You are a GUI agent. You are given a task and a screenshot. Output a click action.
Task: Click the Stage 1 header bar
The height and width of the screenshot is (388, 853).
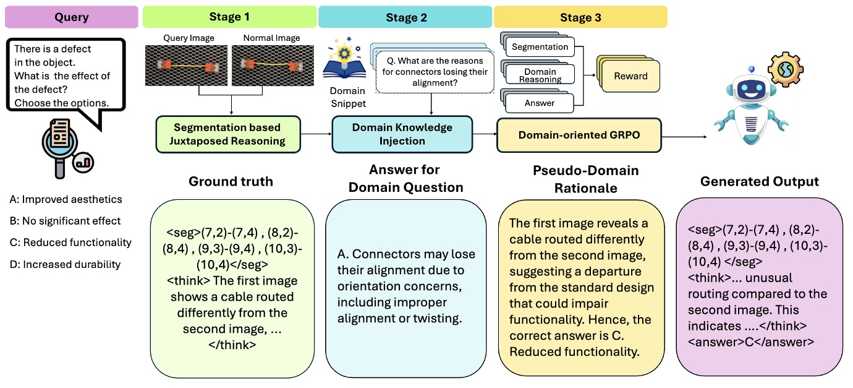click(x=230, y=17)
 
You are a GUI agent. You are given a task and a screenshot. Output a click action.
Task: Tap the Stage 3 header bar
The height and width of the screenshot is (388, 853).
click(x=580, y=17)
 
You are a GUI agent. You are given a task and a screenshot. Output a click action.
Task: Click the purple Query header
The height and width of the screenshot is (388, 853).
click(x=71, y=17)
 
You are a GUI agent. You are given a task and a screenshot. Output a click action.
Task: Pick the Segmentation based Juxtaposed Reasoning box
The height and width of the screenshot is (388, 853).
click(x=227, y=134)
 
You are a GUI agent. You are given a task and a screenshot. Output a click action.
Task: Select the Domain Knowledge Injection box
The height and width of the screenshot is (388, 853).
click(x=402, y=134)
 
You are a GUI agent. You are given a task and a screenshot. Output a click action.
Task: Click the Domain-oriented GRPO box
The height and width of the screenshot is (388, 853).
click(x=579, y=134)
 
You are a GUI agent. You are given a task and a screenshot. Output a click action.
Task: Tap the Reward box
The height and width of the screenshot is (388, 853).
click(x=630, y=76)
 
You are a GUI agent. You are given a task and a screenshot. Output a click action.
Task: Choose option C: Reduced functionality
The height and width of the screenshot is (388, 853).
click(x=70, y=243)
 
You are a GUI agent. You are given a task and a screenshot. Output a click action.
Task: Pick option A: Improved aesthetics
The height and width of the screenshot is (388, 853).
click(x=66, y=199)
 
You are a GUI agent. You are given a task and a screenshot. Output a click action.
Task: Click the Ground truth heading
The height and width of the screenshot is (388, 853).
click(x=231, y=182)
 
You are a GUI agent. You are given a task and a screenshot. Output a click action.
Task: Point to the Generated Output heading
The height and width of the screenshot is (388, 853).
click(x=759, y=182)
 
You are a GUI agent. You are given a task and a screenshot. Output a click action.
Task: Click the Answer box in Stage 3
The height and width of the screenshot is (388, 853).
click(x=540, y=103)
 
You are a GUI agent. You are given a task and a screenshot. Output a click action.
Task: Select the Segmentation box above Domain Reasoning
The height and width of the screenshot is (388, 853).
click(x=540, y=47)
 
